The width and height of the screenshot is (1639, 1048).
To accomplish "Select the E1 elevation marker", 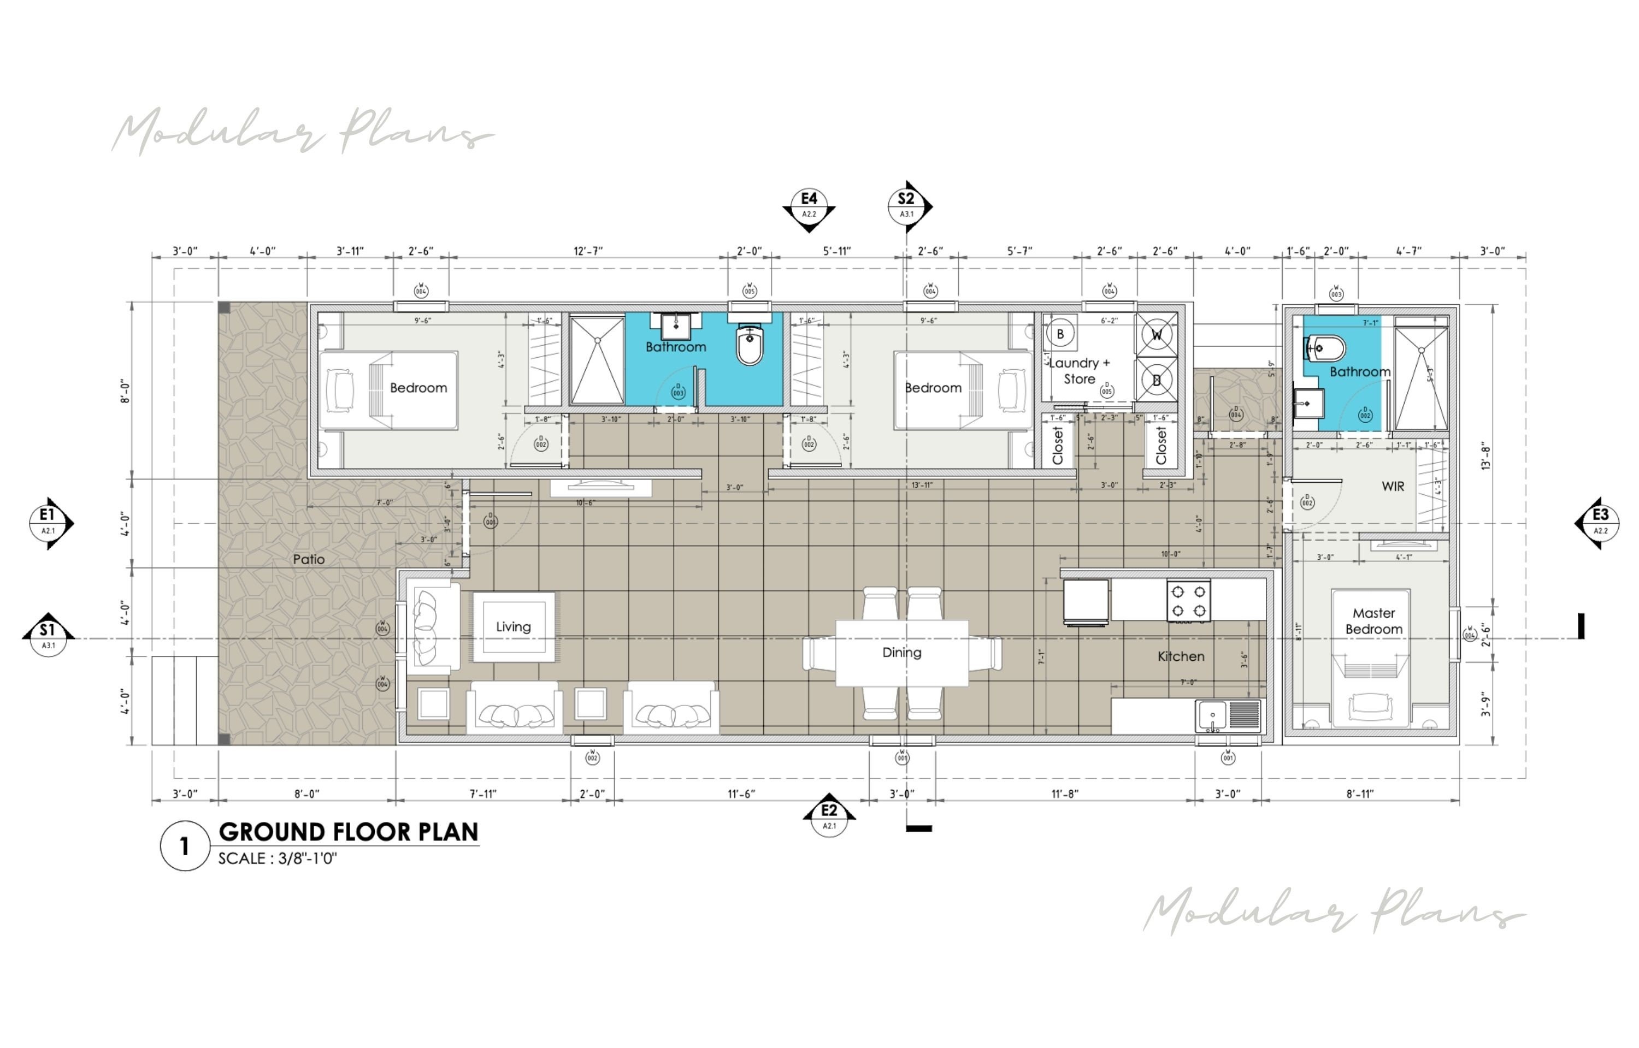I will [x=48, y=522].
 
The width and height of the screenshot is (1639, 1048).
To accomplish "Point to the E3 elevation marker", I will [x=1600, y=522].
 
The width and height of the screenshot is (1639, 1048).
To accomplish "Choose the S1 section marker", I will [x=48, y=636].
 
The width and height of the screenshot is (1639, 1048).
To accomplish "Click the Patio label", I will [x=308, y=559].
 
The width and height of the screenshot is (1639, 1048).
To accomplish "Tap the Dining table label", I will [x=901, y=653].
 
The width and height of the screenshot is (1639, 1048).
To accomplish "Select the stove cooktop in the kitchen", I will [x=1188, y=601].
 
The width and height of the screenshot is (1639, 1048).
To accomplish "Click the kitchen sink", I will [x=1212, y=716].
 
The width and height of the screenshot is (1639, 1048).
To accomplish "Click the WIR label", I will [x=1393, y=487].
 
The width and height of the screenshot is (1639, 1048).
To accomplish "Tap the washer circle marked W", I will [x=1157, y=335].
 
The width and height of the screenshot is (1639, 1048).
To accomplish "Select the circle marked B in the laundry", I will [x=1060, y=334].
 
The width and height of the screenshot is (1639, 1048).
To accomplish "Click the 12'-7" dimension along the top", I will [x=588, y=251].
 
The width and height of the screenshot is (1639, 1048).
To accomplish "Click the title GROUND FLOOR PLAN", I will [x=349, y=832].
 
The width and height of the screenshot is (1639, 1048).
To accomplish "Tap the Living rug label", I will [x=513, y=627].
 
